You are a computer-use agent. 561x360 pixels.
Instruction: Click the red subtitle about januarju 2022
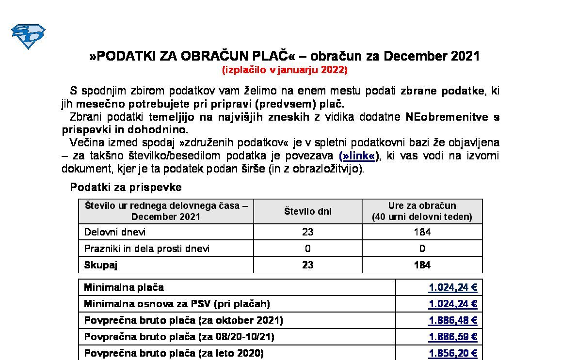click(x=285, y=70)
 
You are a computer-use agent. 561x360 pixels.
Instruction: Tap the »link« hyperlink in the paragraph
click(x=358, y=156)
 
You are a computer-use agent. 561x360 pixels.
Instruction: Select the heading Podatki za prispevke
click(x=126, y=187)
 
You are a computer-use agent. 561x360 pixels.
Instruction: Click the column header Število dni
click(x=307, y=211)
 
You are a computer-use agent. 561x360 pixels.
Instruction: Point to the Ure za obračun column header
click(x=422, y=211)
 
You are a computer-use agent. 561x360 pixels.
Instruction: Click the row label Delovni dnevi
click(x=115, y=232)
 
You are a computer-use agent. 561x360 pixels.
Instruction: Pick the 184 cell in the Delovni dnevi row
click(x=422, y=232)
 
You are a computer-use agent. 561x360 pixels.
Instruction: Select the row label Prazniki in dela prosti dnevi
click(x=147, y=249)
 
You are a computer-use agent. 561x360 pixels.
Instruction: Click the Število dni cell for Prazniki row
click(x=307, y=249)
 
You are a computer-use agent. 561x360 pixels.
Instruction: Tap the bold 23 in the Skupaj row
click(x=307, y=265)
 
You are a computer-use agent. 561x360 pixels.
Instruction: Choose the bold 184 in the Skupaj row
click(x=422, y=265)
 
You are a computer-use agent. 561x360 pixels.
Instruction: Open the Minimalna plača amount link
click(x=453, y=288)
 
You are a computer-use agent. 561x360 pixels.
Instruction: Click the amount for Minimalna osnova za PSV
click(x=453, y=304)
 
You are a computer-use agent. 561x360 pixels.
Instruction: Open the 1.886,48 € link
click(x=453, y=321)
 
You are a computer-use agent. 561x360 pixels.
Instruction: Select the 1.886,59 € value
click(x=453, y=337)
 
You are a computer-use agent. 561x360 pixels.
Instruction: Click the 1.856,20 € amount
click(x=453, y=354)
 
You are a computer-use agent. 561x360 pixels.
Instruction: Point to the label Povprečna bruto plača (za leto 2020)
click(x=174, y=354)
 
